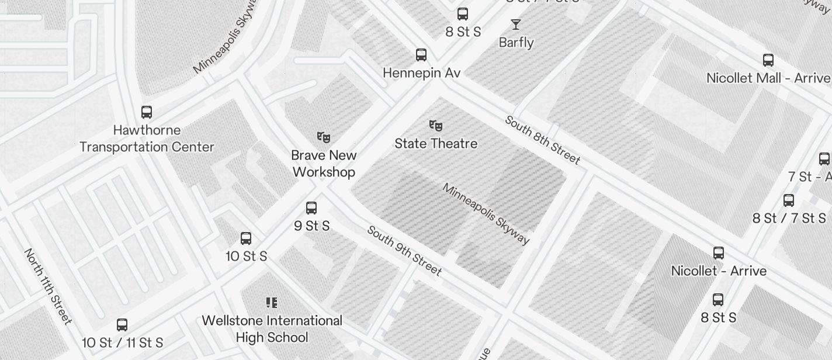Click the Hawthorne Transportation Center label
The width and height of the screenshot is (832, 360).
click(x=147, y=139)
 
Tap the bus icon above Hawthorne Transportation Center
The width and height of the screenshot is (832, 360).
click(x=147, y=112)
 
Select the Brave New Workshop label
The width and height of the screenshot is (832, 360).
click(x=324, y=164)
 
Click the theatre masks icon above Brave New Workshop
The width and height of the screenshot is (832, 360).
click(x=324, y=137)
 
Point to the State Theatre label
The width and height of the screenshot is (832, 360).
click(x=436, y=143)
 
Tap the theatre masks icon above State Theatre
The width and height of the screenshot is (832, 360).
click(x=436, y=125)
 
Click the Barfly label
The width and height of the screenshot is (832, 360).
click(x=516, y=43)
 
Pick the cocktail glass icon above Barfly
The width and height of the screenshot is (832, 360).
click(x=516, y=25)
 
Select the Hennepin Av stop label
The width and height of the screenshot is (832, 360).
click(x=421, y=73)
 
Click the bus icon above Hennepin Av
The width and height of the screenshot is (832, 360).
click(x=421, y=55)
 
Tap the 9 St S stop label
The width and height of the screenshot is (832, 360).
click(x=312, y=226)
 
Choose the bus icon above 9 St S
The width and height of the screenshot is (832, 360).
click(x=311, y=208)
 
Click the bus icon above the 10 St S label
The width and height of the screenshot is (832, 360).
click(x=246, y=238)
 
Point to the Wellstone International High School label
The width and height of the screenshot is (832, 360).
click(x=272, y=329)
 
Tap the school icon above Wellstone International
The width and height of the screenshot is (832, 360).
click(x=271, y=303)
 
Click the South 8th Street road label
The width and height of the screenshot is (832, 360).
click(x=542, y=140)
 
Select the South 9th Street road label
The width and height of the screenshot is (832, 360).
click(x=404, y=250)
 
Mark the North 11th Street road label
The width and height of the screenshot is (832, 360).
click(x=48, y=286)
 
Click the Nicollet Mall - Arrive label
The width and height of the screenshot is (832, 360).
click(x=768, y=78)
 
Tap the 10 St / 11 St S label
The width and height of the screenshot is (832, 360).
click(x=122, y=342)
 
